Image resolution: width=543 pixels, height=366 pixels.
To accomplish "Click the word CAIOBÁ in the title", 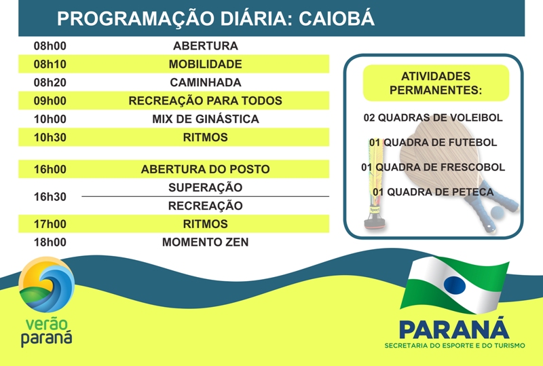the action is tap(336, 18).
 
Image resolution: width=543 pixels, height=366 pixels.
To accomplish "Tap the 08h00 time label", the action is tap(50, 45).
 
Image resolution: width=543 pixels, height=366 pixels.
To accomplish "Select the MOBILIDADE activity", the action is tap(206, 64).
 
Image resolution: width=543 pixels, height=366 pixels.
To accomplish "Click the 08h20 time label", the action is tap(50, 82).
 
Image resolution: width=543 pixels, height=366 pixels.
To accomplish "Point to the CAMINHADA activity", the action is tap(206, 82).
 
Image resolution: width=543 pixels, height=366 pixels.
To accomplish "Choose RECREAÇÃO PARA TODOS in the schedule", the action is tap(206, 101).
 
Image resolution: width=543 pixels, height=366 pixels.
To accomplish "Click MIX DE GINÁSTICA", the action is tap(206, 119).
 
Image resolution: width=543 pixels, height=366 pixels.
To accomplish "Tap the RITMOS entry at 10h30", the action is tap(206, 137).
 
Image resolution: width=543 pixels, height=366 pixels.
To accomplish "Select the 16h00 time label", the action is tap(50, 169).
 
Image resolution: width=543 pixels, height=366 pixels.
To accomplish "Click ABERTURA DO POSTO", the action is tap(206, 169).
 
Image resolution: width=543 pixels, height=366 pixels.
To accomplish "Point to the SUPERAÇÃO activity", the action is tap(206, 187).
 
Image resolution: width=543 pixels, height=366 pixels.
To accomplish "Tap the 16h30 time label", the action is tap(50, 196).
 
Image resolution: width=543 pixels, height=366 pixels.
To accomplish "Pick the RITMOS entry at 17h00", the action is tap(206, 224).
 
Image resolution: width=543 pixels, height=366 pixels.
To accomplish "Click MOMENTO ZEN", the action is tap(206, 242).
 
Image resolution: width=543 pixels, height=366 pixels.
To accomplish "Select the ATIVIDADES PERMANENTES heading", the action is tap(436, 83).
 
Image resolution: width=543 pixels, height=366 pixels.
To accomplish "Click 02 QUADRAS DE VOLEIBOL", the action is tap(433, 117).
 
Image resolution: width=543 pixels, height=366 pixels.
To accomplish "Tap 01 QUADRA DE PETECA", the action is tap(433, 191).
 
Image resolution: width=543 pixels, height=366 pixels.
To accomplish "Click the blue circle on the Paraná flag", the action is tap(455, 285).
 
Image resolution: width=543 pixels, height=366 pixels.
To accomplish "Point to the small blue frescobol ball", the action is tap(498, 212).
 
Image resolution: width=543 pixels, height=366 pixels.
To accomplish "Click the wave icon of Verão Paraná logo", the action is tap(46, 285).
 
